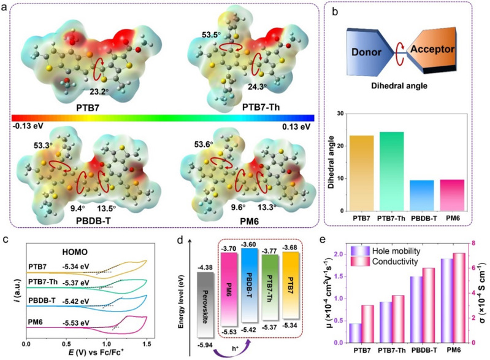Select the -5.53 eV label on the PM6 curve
click(72, 318)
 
